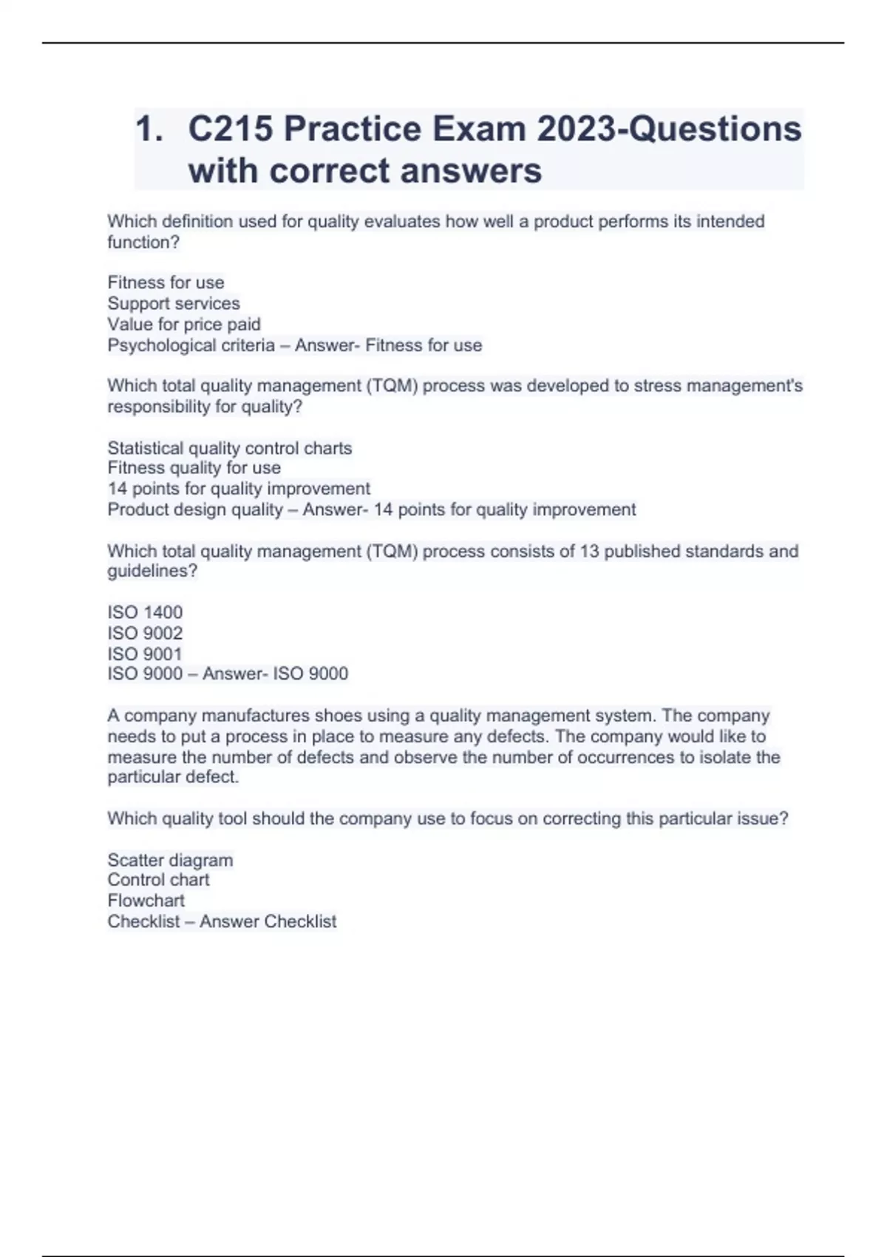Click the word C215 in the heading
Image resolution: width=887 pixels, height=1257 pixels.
click(231, 129)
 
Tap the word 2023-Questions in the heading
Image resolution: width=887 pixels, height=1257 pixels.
click(669, 129)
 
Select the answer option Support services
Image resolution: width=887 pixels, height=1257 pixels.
click(174, 303)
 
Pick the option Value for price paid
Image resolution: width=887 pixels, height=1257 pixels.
click(184, 324)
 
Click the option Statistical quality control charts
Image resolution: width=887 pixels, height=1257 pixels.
click(230, 448)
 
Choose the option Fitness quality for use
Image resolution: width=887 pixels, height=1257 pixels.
click(194, 468)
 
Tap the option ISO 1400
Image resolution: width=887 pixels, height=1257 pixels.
click(145, 612)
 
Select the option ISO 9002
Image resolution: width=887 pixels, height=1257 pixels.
click(145, 633)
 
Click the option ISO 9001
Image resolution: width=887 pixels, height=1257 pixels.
click(145, 654)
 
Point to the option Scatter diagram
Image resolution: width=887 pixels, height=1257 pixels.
click(170, 860)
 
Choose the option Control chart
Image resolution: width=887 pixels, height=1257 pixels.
click(158, 880)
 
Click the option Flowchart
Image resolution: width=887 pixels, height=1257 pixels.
click(146, 901)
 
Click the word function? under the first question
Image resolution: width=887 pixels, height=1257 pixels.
click(143, 243)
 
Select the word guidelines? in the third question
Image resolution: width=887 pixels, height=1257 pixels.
click(152, 572)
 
